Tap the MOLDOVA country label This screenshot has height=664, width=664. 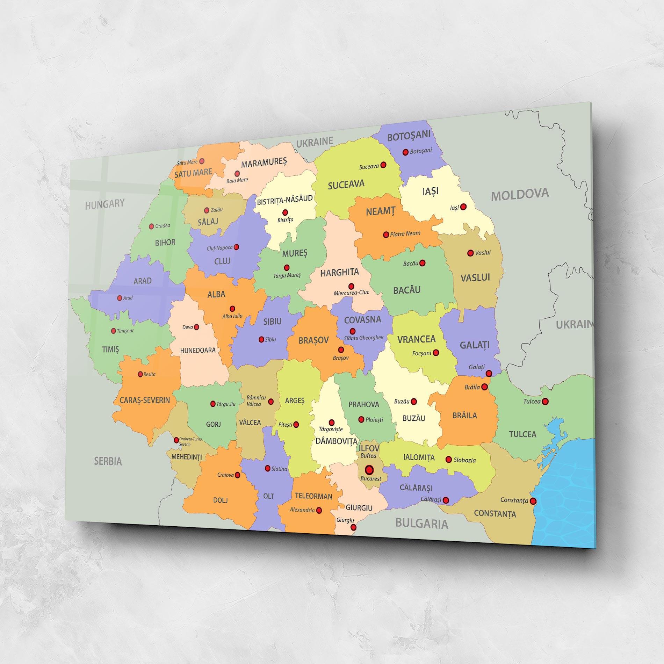tap(520, 194)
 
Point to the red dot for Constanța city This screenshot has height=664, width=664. tap(533, 501)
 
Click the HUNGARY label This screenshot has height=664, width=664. tap(104, 204)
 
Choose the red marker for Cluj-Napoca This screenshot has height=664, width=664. tap(236, 247)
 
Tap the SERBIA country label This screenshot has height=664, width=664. tap(108, 461)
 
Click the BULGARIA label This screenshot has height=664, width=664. tap(421, 524)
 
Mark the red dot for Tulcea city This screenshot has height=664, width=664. tap(545, 402)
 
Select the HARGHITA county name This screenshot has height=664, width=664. tap(339, 272)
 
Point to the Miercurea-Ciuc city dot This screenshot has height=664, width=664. tap(351, 286)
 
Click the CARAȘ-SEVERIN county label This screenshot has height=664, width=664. tap(145, 400)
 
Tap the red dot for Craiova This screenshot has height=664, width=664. tap(237, 475)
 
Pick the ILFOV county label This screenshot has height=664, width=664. tap(369, 448)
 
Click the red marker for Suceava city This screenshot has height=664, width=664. tap(383, 165)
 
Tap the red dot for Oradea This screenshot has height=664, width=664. tap(151, 226)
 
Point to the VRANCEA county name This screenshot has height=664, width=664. tap(416, 339)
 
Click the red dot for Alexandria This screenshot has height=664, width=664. tap(319, 510)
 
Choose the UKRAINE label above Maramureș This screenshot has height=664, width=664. tap(315, 142)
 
